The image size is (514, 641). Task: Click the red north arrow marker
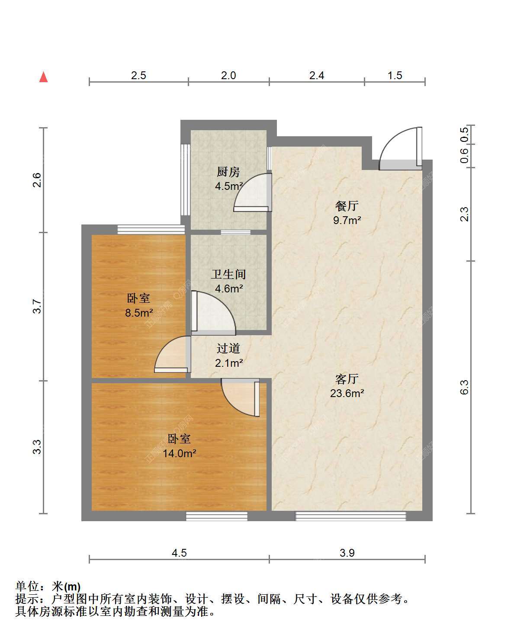pyautogui.click(x=44, y=77)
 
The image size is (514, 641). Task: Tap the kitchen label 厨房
pyautogui.click(x=228, y=172)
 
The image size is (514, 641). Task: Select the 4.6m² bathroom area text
pyautogui.click(x=229, y=288)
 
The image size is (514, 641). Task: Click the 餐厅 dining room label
pyautogui.click(x=347, y=206)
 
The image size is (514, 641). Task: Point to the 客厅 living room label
pyautogui.click(x=347, y=379)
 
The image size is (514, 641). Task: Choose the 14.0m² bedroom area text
pyautogui.click(x=180, y=453)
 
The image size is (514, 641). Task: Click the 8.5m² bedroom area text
pyautogui.click(x=139, y=312)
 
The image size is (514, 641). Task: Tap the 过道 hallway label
pyautogui.click(x=228, y=349)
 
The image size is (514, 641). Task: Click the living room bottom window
pyautogui.click(x=350, y=516)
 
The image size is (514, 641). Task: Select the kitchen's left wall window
pyautogui.click(x=185, y=180)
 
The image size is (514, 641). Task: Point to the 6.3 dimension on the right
pyautogui.click(x=464, y=387)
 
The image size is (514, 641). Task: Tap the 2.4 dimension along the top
pyautogui.click(x=316, y=75)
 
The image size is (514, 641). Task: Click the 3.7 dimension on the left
pyautogui.click(x=37, y=306)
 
